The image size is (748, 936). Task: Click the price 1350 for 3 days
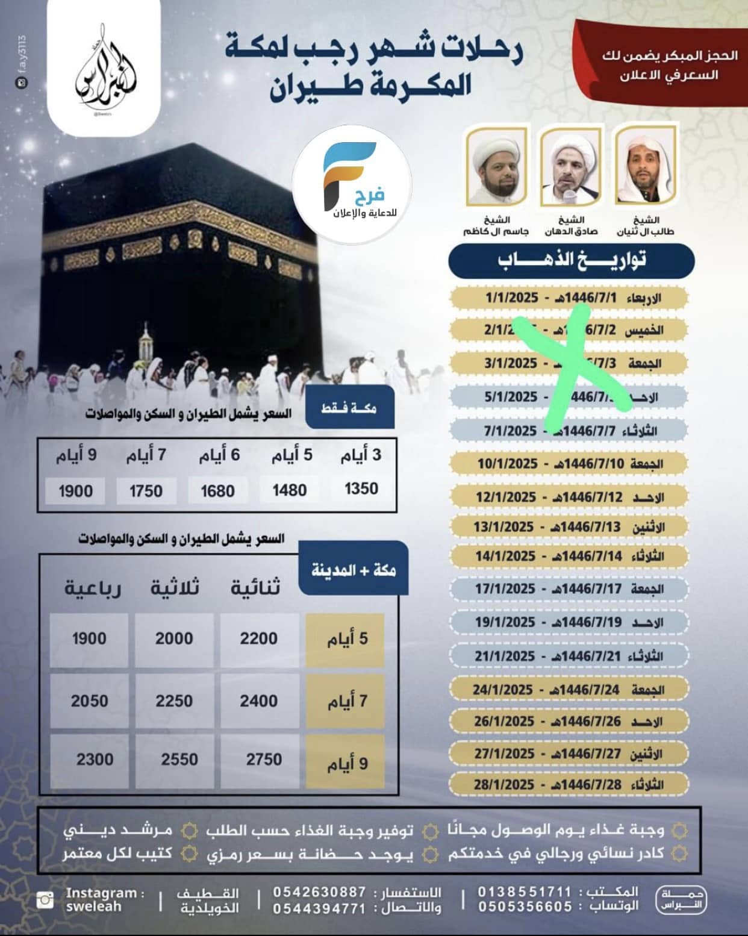coord(361,488)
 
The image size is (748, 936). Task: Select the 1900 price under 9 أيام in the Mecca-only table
coord(75,491)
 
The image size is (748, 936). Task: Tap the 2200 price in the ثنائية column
coord(259,639)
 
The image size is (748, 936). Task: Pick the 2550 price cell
coord(179,760)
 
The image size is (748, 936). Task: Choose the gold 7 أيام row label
coord(346,701)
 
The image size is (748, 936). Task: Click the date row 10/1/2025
coord(569,464)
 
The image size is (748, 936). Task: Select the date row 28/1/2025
coord(569,785)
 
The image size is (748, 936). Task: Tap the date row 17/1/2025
coord(569,588)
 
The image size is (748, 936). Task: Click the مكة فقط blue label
coord(349,408)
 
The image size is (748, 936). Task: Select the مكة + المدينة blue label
coord(354,570)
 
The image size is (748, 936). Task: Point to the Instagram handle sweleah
coord(93,907)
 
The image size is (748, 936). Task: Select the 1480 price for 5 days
coord(289,490)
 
